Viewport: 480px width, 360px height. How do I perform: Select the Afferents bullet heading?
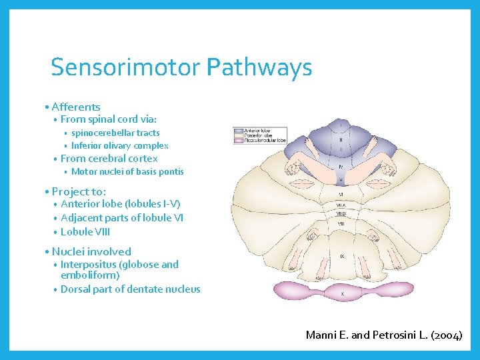(x=75, y=107)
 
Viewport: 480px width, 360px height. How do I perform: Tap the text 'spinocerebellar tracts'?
(x=115, y=133)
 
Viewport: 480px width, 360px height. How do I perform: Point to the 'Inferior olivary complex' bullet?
(x=119, y=145)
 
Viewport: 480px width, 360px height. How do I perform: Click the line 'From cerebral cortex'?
(x=109, y=159)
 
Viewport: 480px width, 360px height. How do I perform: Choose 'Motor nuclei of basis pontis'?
(x=127, y=171)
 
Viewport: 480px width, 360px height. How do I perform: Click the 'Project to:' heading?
(x=79, y=191)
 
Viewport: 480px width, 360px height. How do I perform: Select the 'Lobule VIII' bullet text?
(x=85, y=232)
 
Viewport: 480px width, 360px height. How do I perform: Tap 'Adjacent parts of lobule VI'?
(x=122, y=218)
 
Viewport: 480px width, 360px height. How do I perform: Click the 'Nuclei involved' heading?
(x=91, y=251)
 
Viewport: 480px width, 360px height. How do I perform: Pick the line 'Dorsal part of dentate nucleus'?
(x=130, y=289)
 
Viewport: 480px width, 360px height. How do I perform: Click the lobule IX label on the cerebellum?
(x=342, y=256)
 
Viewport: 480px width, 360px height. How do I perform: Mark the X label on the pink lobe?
(x=343, y=293)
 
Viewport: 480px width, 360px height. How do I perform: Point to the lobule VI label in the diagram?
(x=341, y=195)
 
